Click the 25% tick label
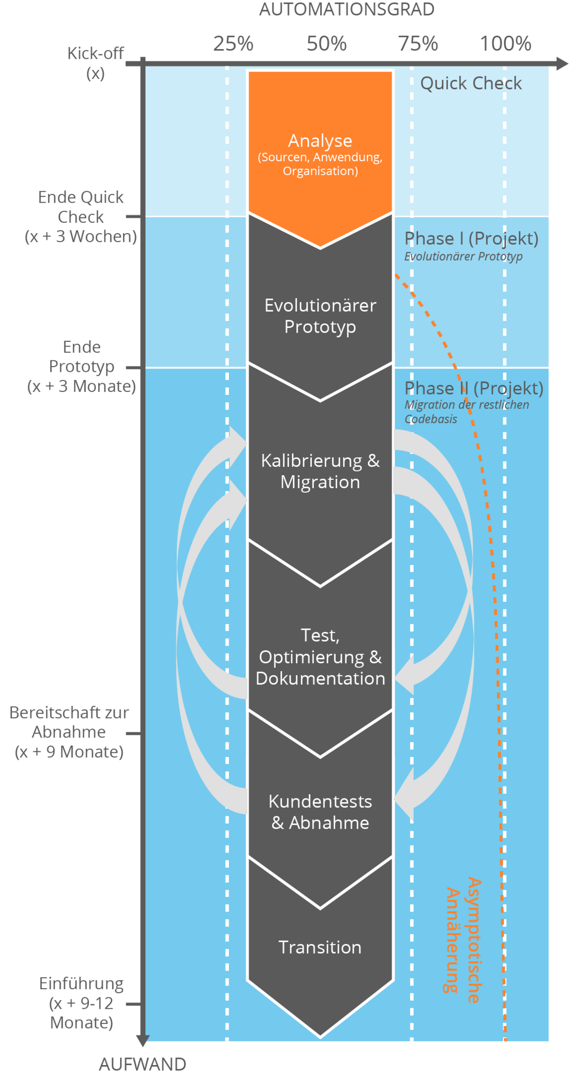[x=233, y=43]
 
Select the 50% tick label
[x=326, y=43]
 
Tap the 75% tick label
[x=418, y=43]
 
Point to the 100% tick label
[x=505, y=43]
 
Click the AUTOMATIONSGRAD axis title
[x=346, y=9]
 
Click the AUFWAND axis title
[x=142, y=1064]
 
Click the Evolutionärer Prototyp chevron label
[x=320, y=315]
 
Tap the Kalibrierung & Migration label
[x=320, y=471]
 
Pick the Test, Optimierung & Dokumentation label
[x=320, y=657]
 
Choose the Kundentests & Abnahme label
[x=320, y=812]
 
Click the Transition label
[x=320, y=947]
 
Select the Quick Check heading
[x=471, y=83]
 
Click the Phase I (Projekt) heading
[x=471, y=238]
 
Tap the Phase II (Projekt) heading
[x=473, y=388]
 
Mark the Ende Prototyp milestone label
[x=82, y=366]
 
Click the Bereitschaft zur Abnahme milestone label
[x=69, y=732]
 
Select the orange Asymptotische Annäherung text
[x=463, y=940]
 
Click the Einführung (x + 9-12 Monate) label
[x=82, y=1003]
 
